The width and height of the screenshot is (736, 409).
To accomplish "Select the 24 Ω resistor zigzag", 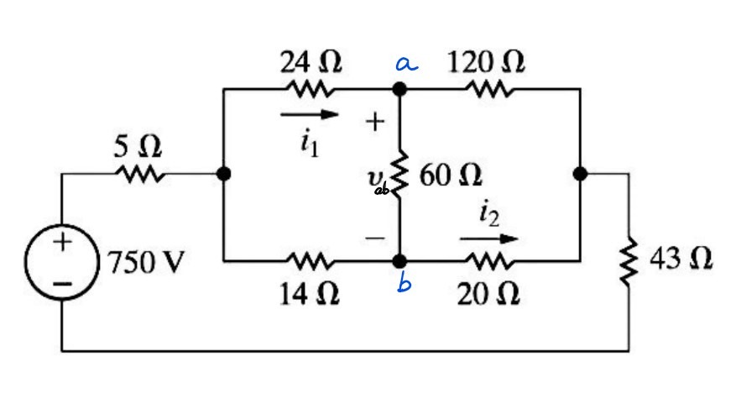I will tap(311, 88).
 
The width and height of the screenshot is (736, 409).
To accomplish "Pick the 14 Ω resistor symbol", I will tap(311, 261).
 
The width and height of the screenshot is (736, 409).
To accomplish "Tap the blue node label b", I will tap(405, 286).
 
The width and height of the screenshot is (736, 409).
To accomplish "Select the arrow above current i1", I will tap(311, 113).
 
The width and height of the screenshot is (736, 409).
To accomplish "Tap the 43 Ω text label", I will tap(682, 260).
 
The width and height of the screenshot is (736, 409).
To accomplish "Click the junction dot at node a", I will tap(401, 88).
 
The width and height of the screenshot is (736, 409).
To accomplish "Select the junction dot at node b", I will tap(401, 261).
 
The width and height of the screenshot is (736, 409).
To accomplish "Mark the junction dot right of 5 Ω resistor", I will tap(223, 174).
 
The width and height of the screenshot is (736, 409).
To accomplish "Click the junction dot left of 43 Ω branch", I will tap(580, 174).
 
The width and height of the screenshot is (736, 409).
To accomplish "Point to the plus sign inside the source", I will tap(62, 243).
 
